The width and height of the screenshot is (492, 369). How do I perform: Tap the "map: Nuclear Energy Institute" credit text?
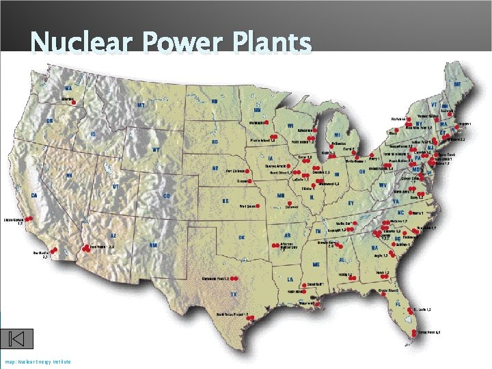pyautogui.click(x=38, y=361)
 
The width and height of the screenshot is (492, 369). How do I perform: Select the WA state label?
pyautogui.click(x=68, y=88)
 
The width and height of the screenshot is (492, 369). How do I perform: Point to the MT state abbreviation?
pyautogui.click(x=141, y=105)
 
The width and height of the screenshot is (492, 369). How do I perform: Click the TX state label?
pyautogui.click(x=233, y=294)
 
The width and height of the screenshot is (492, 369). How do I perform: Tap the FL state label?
pyautogui.click(x=398, y=303)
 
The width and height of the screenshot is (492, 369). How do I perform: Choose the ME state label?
pyautogui.click(x=457, y=83)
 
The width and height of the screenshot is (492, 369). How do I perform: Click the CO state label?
pyautogui.click(x=167, y=196)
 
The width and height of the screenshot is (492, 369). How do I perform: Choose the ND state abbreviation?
pyautogui.click(x=214, y=100)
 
